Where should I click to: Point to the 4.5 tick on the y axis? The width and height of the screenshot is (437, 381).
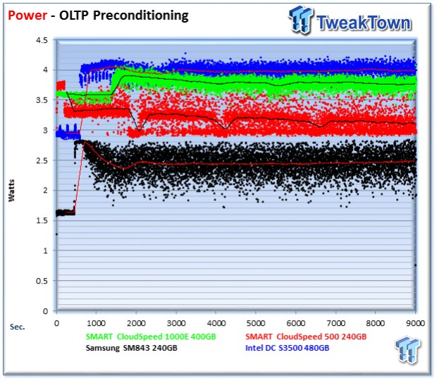[x=42, y=40]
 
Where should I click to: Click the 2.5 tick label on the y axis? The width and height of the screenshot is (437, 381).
[x=42, y=160]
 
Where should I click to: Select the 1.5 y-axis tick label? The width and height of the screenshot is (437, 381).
[x=42, y=220]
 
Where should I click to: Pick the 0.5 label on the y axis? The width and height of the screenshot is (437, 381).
[x=42, y=280]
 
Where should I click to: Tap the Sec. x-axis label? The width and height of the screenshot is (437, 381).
[x=19, y=327]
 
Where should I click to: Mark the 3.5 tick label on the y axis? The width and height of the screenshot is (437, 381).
[x=42, y=100]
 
